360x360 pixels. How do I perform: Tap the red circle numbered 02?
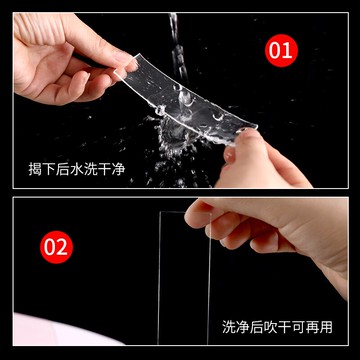[57, 243]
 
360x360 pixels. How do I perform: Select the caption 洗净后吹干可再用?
[276, 327]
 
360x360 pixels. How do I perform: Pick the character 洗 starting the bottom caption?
[229, 327]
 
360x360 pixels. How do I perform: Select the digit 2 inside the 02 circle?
[64, 243]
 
